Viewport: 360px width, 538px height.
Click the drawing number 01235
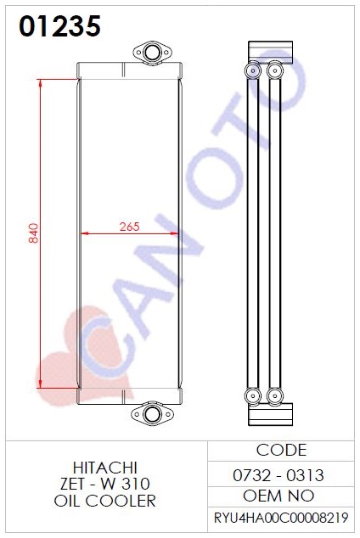59,26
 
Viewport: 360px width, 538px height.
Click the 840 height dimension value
33,233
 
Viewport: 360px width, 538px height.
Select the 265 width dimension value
129,227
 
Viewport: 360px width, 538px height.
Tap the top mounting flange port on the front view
152,53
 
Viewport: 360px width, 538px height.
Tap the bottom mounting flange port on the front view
152,414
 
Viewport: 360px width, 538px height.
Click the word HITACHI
105,468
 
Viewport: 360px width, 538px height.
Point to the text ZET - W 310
105,484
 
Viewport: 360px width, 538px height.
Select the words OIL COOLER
105,501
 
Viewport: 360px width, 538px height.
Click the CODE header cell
281,450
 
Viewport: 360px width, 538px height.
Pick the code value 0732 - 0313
278,475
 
